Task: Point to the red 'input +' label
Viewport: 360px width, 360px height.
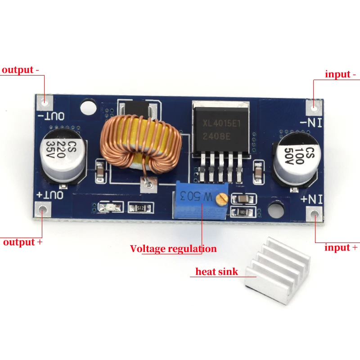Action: pos(341,247)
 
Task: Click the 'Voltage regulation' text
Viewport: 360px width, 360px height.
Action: pos(173,248)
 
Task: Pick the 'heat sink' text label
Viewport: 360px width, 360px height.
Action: pos(217,272)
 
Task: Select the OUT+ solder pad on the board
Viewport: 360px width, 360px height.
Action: pos(43,209)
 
